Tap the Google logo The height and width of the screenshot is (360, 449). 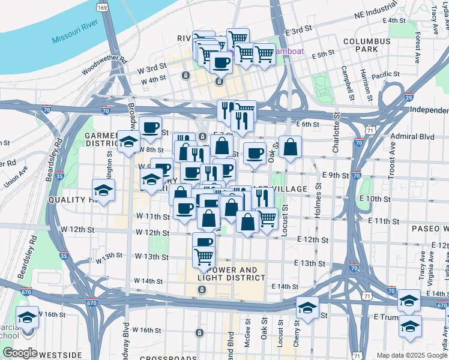click(x=20, y=352)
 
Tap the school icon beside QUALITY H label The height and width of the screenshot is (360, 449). click(x=103, y=190)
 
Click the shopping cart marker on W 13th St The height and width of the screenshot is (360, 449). click(x=204, y=257)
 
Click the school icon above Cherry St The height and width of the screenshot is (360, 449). click(x=307, y=307)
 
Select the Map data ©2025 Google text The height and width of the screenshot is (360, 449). click(x=411, y=355)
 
